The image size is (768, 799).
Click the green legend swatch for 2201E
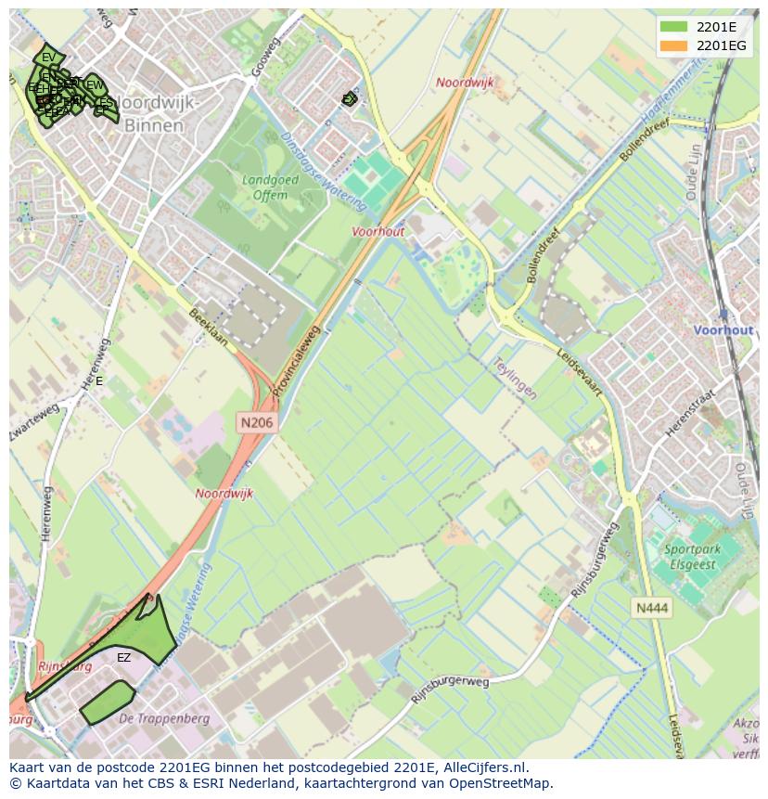point(674,26)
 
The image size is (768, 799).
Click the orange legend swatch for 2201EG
point(674,45)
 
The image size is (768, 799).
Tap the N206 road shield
point(257,422)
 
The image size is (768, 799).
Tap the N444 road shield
point(651,608)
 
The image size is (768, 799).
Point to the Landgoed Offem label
point(264,187)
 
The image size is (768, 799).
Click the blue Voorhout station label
point(723,330)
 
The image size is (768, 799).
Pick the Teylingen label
point(515,379)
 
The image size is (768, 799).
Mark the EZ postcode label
point(123,658)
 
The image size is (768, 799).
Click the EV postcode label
point(48,58)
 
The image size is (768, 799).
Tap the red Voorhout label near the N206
point(378,232)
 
